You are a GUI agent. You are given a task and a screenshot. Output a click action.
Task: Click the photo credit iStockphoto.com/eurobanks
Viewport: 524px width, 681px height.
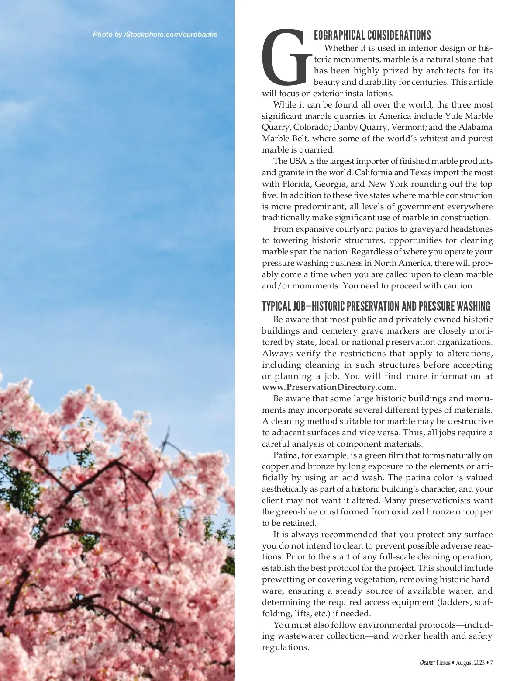(155, 35)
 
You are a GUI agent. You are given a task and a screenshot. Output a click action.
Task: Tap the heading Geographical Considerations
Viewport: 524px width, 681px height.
(372, 35)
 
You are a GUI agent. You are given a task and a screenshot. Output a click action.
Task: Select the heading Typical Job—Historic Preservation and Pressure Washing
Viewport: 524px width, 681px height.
(376, 306)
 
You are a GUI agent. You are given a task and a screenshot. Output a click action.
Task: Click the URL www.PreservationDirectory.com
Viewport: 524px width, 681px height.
(328, 387)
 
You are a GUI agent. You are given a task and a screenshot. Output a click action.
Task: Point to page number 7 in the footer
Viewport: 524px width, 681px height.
(491, 663)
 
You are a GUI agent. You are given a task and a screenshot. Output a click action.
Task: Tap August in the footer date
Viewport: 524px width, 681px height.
(465, 663)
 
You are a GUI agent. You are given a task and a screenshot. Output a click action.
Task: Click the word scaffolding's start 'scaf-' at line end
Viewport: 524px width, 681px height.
(485, 602)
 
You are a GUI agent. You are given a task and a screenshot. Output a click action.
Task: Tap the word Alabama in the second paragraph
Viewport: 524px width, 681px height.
(476, 127)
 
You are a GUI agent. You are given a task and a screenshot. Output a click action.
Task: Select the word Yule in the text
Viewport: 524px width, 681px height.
(453, 116)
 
